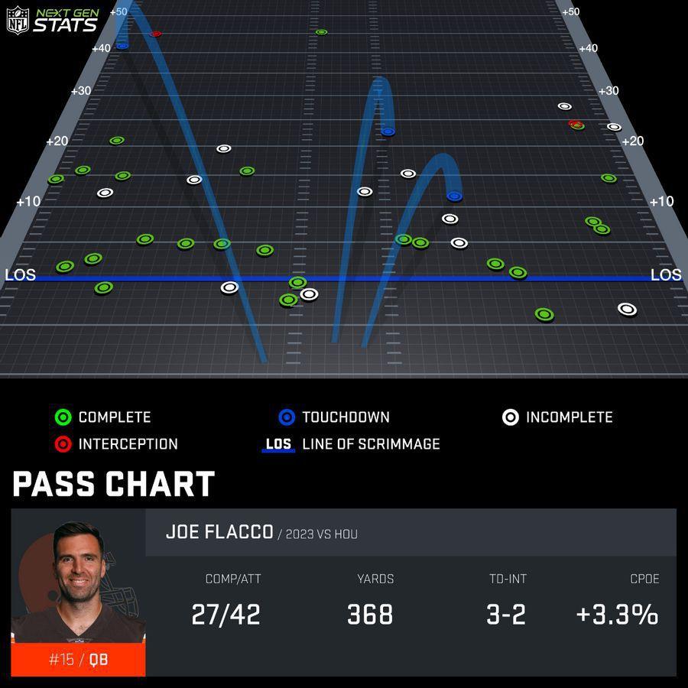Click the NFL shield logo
click(18, 20)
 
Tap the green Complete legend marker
click(63, 417)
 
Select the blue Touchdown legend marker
click(287, 417)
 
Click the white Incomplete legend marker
click(511, 417)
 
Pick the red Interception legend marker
click(63, 444)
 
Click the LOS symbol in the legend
click(278, 444)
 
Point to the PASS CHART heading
click(113, 485)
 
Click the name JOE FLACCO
click(219, 532)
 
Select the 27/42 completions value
click(226, 615)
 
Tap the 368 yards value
click(370, 615)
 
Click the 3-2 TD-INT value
click(506, 615)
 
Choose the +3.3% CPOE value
click(617, 615)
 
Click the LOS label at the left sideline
click(20, 275)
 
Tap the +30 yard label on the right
click(608, 91)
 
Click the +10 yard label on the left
click(28, 201)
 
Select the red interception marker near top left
click(156, 34)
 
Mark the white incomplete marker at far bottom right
click(627, 309)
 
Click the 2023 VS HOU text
click(321, 534)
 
